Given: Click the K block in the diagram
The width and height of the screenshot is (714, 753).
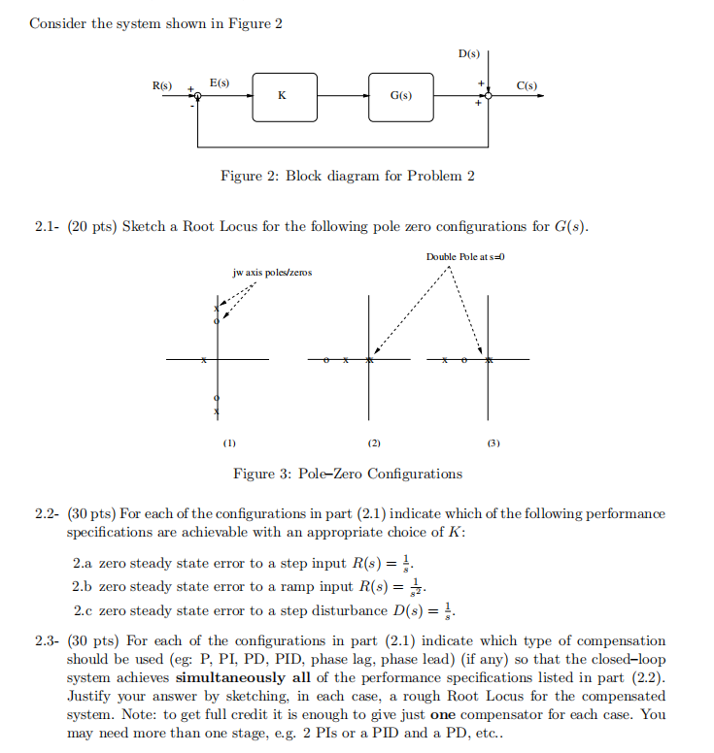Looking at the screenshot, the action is click(x=282, y=96).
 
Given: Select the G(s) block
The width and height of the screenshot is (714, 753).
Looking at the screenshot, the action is click(x=400, y=96).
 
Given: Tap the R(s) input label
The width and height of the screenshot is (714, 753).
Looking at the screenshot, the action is click(x=161, y=86).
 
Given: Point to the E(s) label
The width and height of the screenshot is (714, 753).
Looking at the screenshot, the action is click(x=220, y=83).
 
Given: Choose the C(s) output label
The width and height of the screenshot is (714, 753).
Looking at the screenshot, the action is click(x=527, y=86).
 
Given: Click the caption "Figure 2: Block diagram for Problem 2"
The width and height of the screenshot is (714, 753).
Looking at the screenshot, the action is click(x=348, y=176).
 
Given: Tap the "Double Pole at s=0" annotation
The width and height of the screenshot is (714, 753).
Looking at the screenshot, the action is click(x=460, y=256).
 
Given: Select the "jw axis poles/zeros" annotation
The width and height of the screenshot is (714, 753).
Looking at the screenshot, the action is click(x=272, y=273).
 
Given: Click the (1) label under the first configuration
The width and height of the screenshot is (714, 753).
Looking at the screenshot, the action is click(x=228, y=443).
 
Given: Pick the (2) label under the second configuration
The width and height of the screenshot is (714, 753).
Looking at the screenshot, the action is click(x=373, y=443).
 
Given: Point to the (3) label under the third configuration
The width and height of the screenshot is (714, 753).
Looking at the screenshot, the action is click(x=493, y=443).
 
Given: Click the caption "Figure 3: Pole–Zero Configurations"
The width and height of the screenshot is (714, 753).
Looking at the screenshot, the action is click(x=348, y=474).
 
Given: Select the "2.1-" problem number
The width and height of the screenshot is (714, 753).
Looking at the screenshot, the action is click(x=48, y=227).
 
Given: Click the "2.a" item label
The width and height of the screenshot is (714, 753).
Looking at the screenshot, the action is click(x=85, y=563).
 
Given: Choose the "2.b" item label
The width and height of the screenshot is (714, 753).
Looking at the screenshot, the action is click(x=85, y=587).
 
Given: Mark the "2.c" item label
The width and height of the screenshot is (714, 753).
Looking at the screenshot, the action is click(x=85, y=611).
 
